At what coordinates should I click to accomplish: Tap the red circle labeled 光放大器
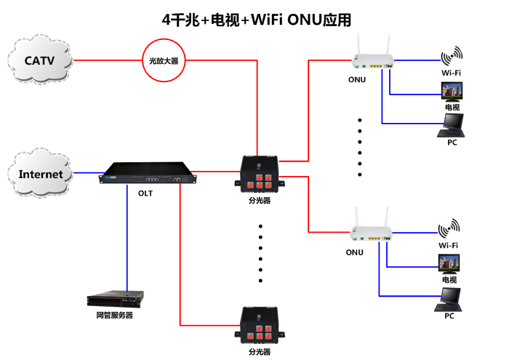pyautogui.click(x=163, y=60)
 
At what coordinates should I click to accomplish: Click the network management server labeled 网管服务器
pyautogui.click(x=115, y=299)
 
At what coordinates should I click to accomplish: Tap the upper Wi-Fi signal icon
pyautogui.click(x=451, y=57)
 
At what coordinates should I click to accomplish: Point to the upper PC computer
pyautogui.click(x=451, y=126)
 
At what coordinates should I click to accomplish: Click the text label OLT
pyautogui.click(x=145, y=193)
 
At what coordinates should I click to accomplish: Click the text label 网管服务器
pyautogui.click(x=115, y=316)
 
